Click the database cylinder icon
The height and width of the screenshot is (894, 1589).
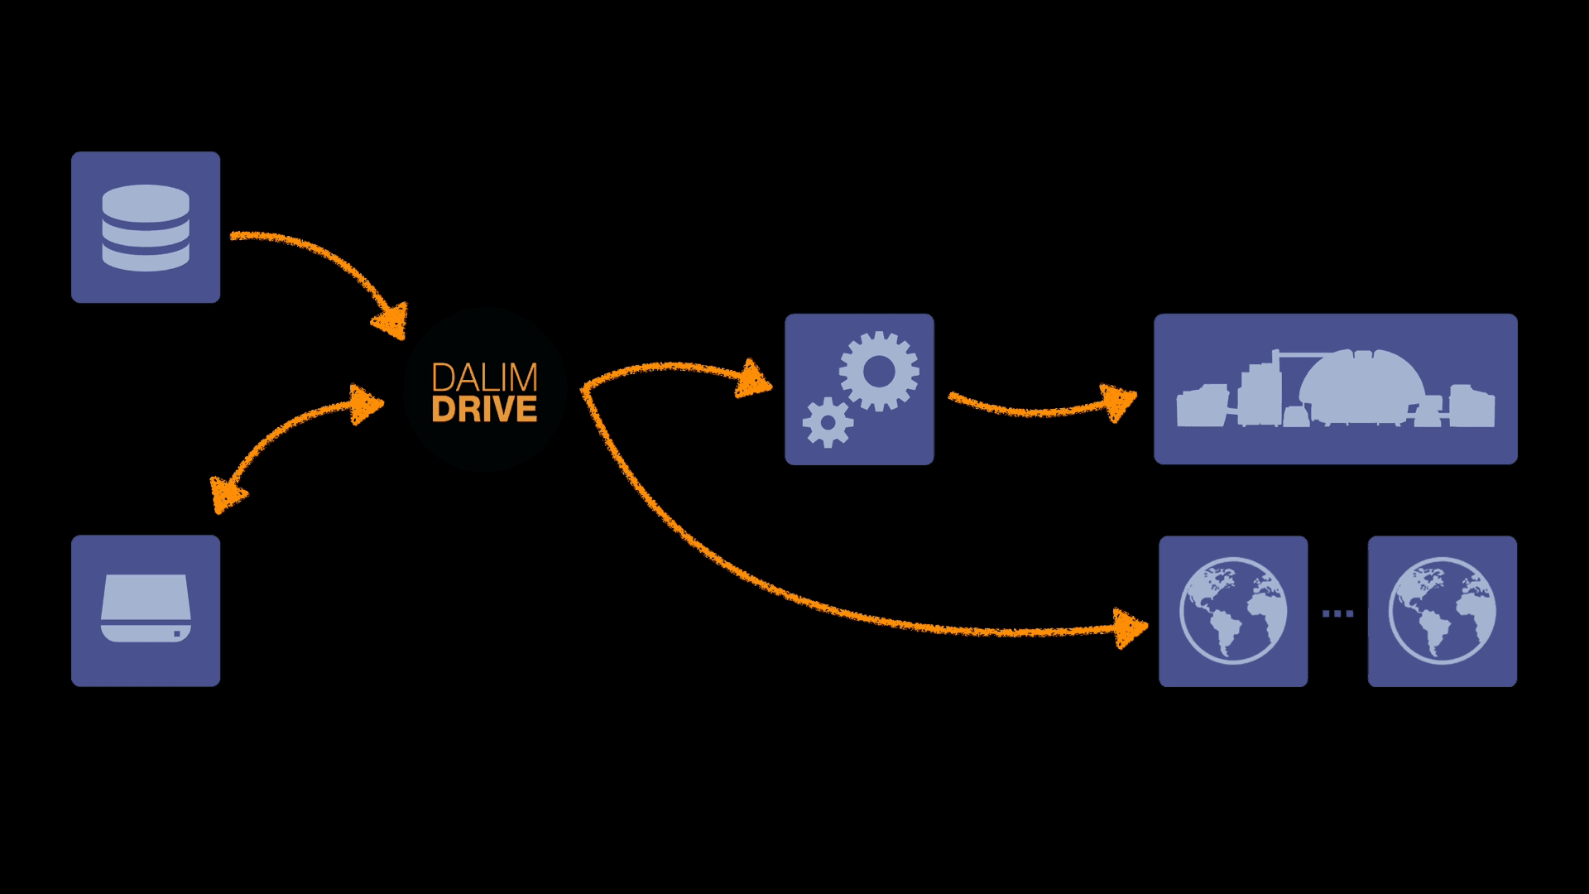(x=146, y=228)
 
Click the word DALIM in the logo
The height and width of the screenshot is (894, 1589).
(x=484, y=377)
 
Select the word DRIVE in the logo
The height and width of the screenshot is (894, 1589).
(x=484, y=409)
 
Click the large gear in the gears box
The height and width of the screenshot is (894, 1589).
(x=879, y=372)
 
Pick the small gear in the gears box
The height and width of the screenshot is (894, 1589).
(x=827, y=423)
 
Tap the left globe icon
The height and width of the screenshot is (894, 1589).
(x=1233, y=611)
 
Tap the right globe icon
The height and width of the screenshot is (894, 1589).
(x=1442, y=611)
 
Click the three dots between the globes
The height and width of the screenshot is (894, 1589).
(x=1337, y=613)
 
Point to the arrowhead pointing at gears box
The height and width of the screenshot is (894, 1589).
(x=752, y=380)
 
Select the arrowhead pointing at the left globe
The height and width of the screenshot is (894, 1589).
(x=1130, y=628)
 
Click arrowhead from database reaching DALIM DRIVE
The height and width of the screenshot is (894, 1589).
(x=391, y=321)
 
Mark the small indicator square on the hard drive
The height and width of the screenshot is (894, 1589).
(x=177, y=634)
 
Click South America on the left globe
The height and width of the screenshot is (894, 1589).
(x=1224, y=632)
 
